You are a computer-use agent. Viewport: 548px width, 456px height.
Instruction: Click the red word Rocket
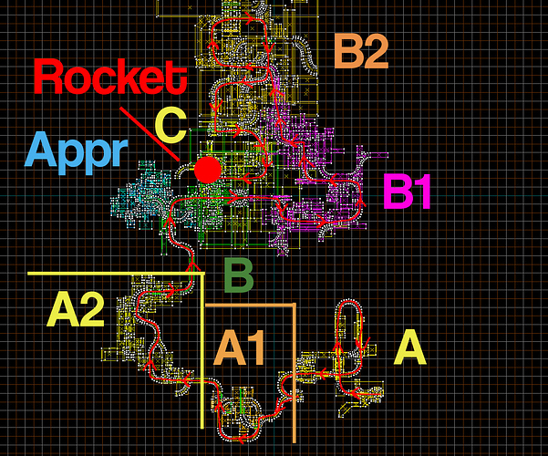pyautogui.click(x=110, y=77)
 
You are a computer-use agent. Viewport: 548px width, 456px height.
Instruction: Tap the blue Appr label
pyautogui.click(x=77, y=153)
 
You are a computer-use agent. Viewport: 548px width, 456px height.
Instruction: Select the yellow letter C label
pyautogui.click(x=171, y=126)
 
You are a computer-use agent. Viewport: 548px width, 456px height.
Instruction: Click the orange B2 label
pyautogui.click(x=361, y=51)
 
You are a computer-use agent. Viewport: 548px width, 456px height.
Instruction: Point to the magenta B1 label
pyautogui.click(x=407, y=192)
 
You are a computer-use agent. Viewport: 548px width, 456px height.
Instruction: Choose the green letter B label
pyautogui.click(x=239, y=275)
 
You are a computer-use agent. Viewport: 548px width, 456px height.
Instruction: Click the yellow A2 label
pyautogui.click(x=76, y=309)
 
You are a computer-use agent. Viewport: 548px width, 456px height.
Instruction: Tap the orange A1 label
pyautogui.click(x=240, y=347)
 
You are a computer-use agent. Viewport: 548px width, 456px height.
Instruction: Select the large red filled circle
pyautogui.click(x=208, y=170)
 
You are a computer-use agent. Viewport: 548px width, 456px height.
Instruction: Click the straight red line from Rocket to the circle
pyautogui.click(x=150, y=134)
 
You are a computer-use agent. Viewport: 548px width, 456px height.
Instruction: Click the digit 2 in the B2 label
pyautogui.click(x=376, y=51)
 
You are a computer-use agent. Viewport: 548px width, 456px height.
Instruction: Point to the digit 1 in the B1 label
pyautogui.click(x=422, y=192)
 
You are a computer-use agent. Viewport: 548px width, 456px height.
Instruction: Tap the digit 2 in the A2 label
pyautogui.click(x=91, y=309)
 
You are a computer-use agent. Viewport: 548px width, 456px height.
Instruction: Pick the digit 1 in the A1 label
pyautogui.click(x=255, y=347)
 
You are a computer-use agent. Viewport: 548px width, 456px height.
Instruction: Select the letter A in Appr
pyautogui.click(x=41, y=149)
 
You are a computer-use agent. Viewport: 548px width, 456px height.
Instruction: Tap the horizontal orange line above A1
pyautogui.click(x=250, y=306)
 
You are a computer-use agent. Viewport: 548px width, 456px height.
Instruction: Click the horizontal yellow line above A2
pyautogui.click(x=116, y=273)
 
